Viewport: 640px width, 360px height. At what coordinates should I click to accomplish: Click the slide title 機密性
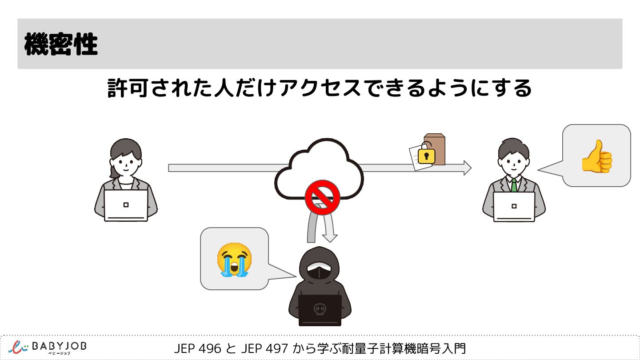[61, 44]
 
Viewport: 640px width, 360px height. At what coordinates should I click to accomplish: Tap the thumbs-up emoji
[597, 156]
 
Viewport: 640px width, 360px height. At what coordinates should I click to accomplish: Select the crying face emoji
[234, 260]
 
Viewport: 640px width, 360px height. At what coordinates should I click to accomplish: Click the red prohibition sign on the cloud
[322, 197]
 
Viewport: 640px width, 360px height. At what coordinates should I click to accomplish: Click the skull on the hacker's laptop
[319, 309]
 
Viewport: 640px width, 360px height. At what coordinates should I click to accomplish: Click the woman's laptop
[126, 205]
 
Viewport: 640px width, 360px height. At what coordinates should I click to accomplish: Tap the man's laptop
[514, 206]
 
